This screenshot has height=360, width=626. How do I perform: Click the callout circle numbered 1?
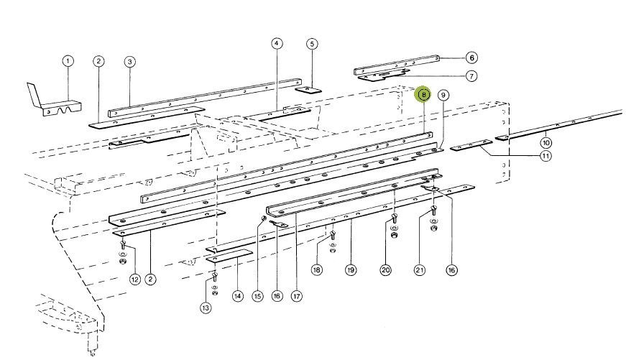[67, 61]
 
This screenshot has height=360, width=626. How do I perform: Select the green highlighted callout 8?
[423, 94]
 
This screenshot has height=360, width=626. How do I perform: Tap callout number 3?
[129, 62]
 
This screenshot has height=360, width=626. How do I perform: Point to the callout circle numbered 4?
[277, 44]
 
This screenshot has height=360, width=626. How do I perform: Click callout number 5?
[312, 44]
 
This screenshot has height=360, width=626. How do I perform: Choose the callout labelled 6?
[471, 57]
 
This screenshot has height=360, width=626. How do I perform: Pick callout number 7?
[471, 75]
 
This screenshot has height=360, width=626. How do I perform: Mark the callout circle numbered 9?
[443, 95]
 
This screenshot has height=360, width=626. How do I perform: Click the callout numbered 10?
[546, 142]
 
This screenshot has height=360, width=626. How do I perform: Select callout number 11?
[546, 155]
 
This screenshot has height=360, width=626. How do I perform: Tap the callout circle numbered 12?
[134, 279]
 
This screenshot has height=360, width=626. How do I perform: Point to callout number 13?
[206, 308]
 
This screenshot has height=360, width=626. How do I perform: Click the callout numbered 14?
[238, 295]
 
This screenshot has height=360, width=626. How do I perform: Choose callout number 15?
[258, 295]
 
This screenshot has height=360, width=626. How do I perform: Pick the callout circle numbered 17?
[296, 295]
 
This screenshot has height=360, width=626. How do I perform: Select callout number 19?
[351, 270]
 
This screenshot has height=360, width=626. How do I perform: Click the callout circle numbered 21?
[420, 270]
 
